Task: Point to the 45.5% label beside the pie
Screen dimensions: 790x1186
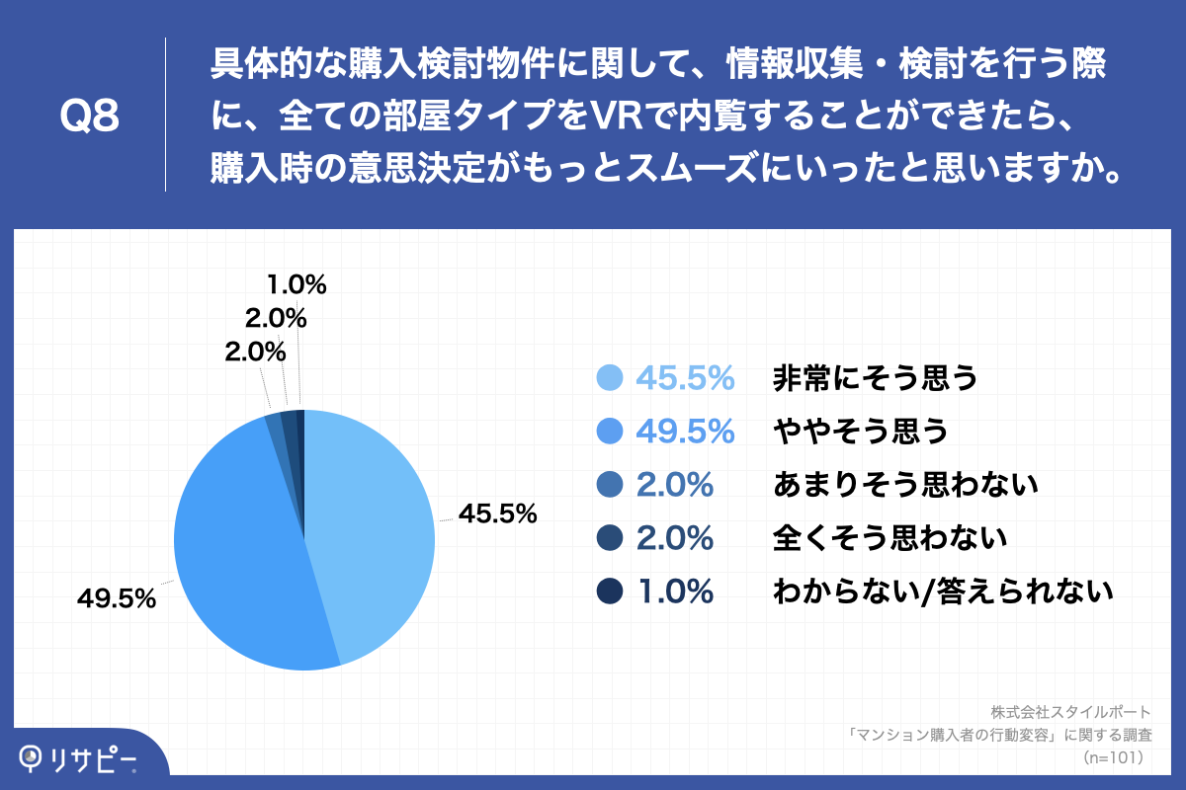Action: (498, 513)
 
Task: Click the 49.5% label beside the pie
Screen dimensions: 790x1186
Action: (117, 598)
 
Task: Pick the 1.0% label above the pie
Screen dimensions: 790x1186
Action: (296, 285)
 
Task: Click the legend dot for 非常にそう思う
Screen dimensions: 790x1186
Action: (610, 378)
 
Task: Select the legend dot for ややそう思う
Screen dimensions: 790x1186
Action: (610, 432)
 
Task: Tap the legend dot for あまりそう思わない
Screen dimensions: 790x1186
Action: (610, 485)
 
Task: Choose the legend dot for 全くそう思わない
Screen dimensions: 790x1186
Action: (610, 538)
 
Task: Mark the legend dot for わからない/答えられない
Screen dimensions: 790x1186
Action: (610, 592)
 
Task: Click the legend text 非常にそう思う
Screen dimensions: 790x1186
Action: (875, 378)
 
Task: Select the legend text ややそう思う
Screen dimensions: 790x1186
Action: (860, 432)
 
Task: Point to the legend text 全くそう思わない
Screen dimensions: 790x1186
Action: (889, 538)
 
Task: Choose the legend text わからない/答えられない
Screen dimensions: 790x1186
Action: (944, 592)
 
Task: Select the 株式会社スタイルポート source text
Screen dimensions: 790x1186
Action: (1070, 711)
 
